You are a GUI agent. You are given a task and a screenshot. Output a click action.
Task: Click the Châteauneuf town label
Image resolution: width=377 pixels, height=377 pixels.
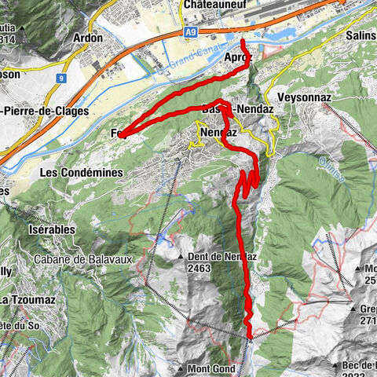pos(215,5)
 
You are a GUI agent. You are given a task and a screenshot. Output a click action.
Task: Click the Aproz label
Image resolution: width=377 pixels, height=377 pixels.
pos(239,58)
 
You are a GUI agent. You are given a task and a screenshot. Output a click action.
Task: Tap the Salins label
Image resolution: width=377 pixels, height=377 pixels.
pos(361,35)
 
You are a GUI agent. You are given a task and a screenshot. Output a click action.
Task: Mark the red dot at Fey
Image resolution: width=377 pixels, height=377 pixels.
pos(122,135)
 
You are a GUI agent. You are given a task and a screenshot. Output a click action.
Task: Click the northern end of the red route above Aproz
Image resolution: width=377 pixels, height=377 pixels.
pos(243,41)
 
